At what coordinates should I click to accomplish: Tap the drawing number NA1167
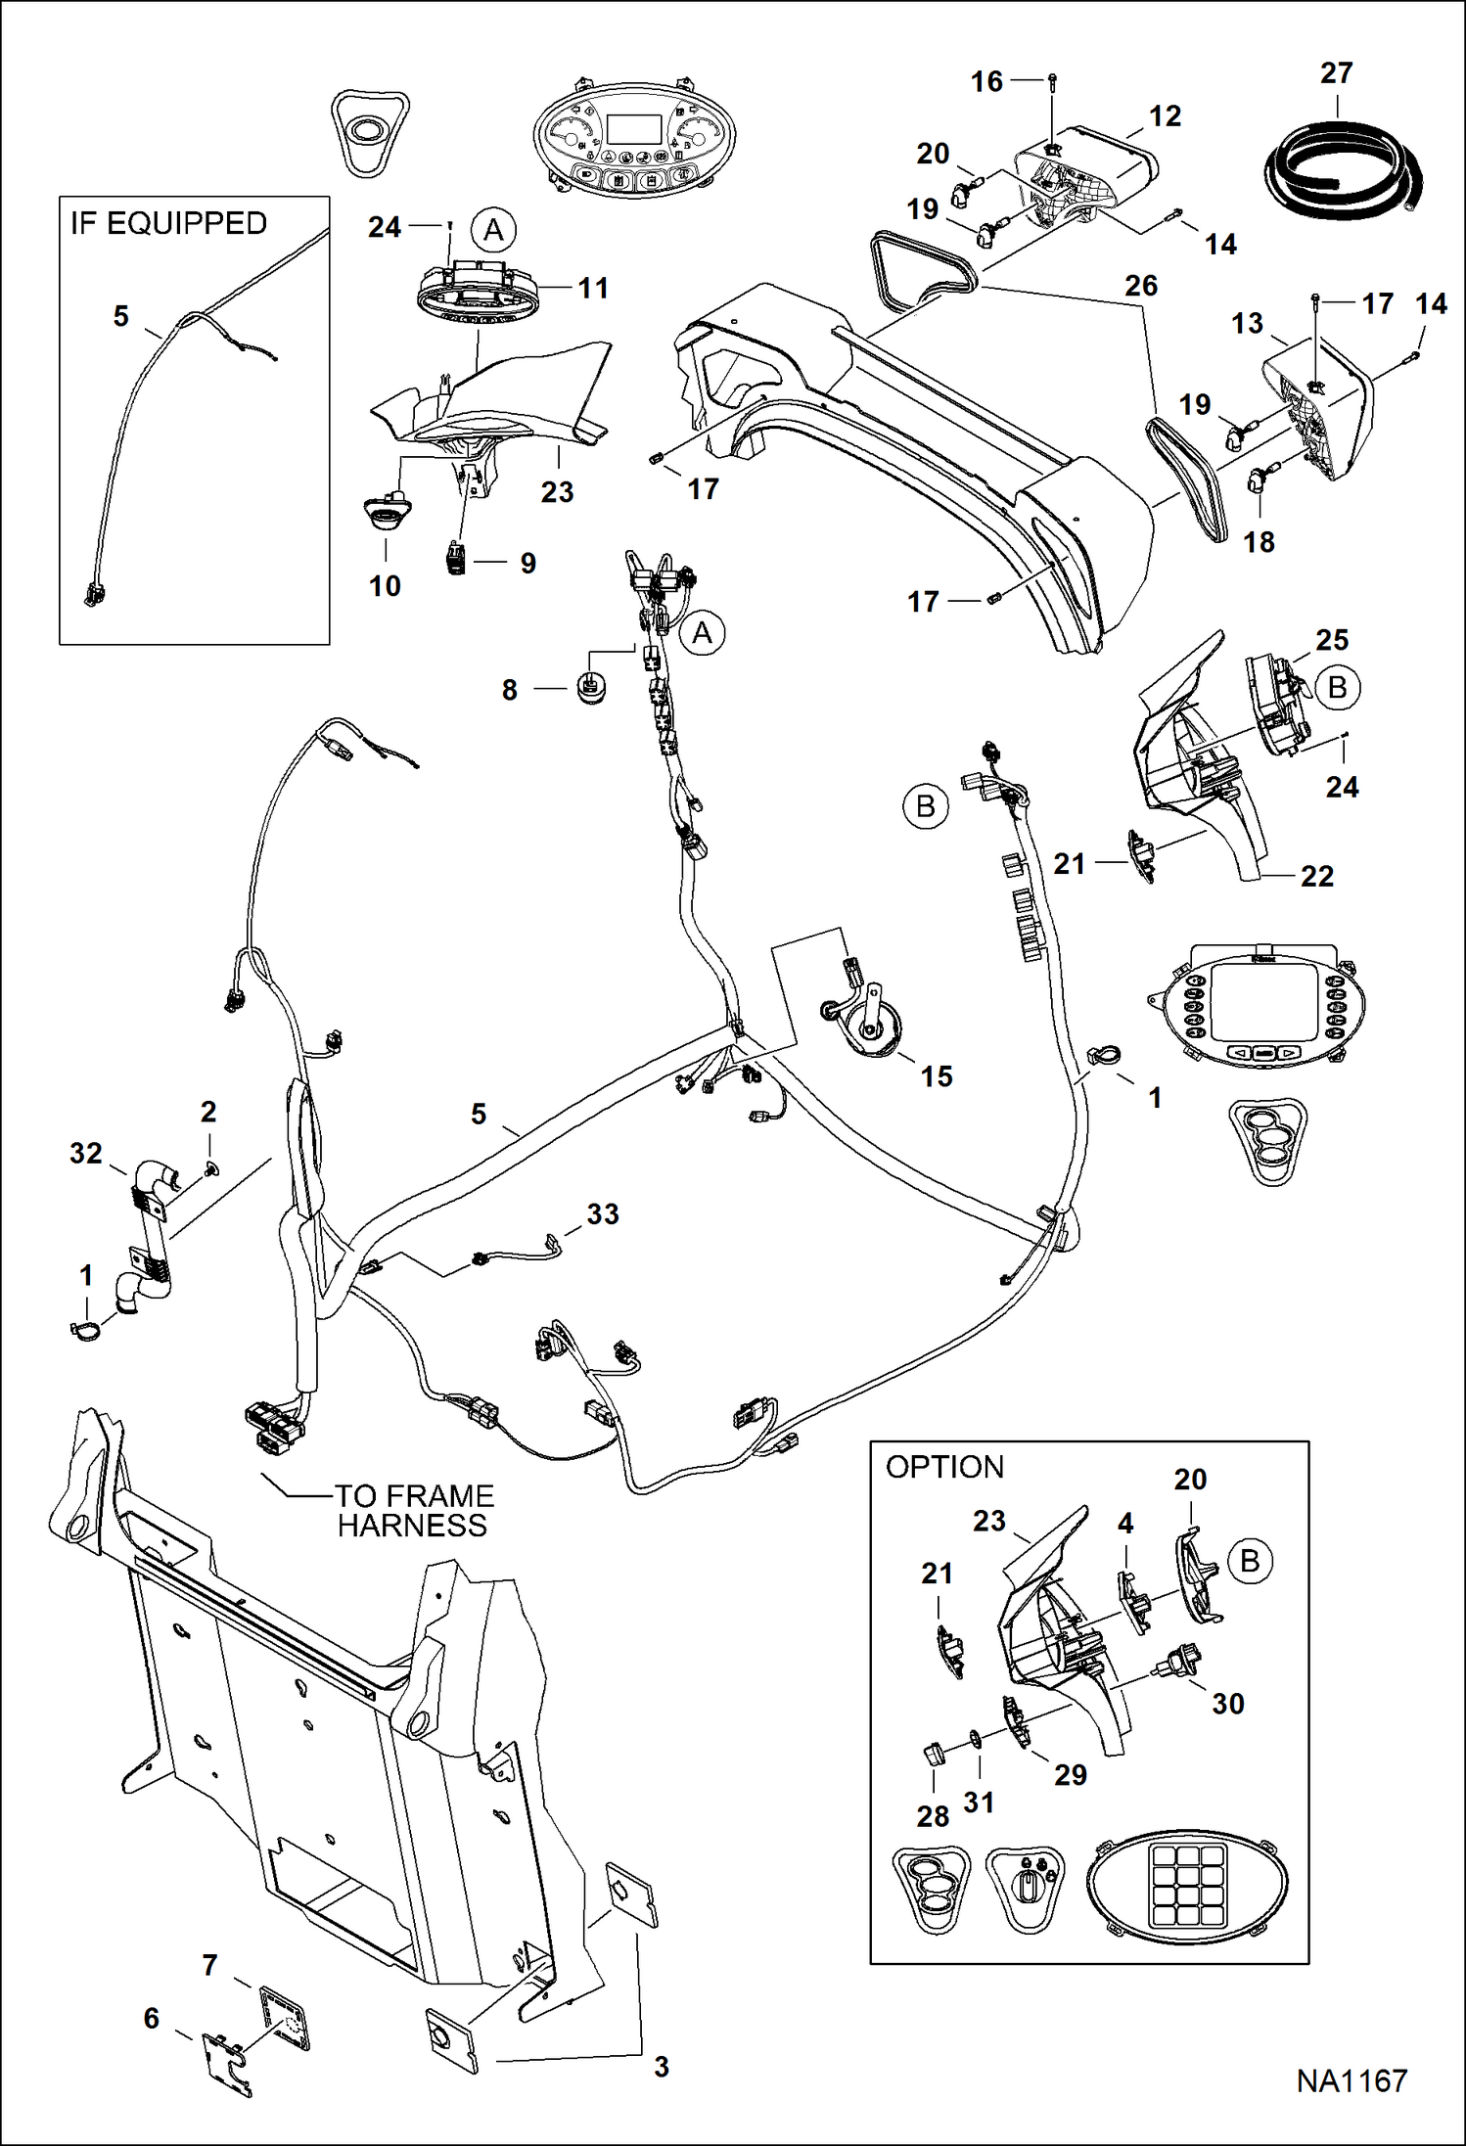[x=1351, y=2080]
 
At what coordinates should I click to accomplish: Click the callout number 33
[x=603, y=1214]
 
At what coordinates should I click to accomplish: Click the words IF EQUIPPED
[x=168, y=224]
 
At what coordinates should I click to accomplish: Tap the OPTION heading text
[x=944, y=1468]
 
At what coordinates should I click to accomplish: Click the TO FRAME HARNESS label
[x=414, y=1510]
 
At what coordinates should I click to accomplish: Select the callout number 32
[x=86, y=1154]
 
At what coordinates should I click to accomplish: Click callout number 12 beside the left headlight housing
[x=1165, y=116]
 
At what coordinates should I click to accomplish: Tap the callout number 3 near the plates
[x=662, y=2067]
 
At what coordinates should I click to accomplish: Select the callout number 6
[x=151, y=2019]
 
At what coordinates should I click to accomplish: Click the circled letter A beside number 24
[x=493, y=230]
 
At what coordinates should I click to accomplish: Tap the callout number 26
[x=1141, y=286]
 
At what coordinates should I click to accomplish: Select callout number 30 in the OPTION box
[x=1227, y=1704]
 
